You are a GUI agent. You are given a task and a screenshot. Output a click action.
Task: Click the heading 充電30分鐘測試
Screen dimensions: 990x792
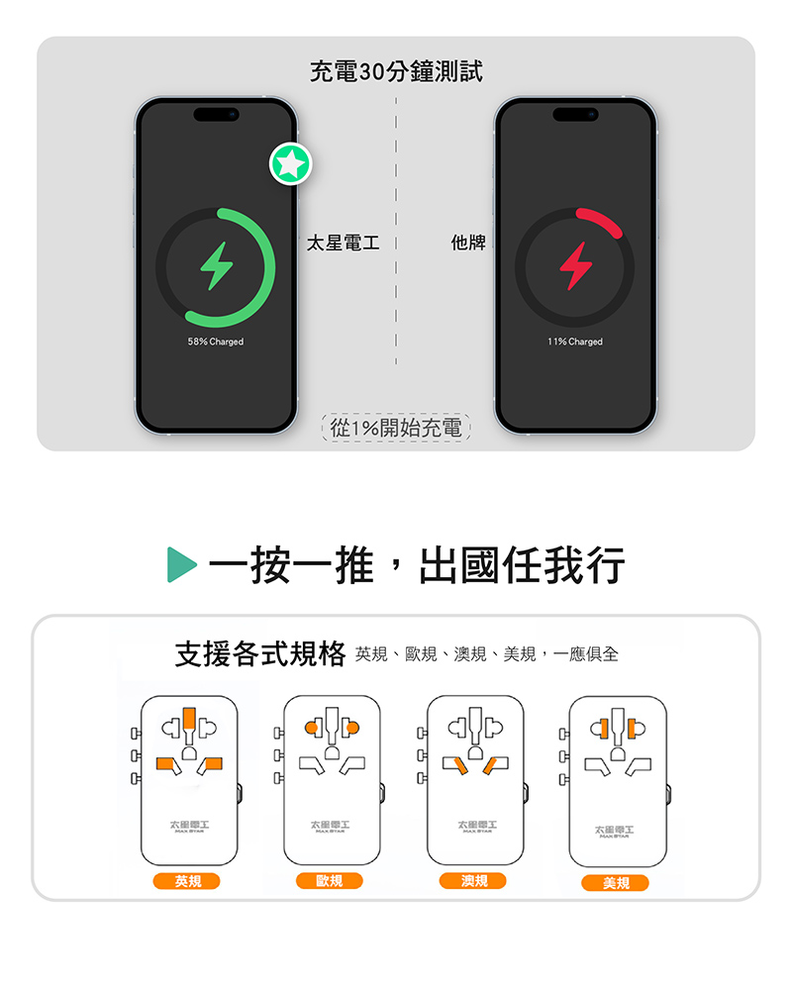(x=396, y=71)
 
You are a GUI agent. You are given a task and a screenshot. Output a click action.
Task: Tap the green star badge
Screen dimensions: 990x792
(x=291, y=163)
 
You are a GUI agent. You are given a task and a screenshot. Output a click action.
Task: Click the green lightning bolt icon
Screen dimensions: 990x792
(x=215, y=266)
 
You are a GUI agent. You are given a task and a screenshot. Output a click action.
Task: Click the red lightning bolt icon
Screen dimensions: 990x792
(x=574, y=266)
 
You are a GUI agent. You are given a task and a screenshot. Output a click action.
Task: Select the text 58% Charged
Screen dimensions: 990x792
(x=215, y=342)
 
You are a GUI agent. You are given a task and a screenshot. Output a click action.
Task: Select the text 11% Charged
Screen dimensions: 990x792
(x=574, y=342)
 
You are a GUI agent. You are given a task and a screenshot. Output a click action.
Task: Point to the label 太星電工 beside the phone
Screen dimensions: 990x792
(x=343, y=243)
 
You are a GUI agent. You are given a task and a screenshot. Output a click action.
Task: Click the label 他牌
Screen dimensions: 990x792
(x=468, y=243)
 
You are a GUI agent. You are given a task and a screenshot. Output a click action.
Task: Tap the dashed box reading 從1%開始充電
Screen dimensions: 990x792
(x=396, y=428)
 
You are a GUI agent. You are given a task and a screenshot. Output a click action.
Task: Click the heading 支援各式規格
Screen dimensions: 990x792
(x=259, y=654)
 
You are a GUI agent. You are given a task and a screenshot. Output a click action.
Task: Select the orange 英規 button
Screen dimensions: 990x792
(x=187, y=881)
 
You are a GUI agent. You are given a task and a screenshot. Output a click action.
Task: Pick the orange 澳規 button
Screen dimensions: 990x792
(x=473, y=880)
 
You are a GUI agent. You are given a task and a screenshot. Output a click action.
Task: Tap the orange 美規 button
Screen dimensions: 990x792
(x=616, y=882)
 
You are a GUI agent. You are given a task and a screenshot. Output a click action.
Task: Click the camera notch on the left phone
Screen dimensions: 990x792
(x=216, y=115)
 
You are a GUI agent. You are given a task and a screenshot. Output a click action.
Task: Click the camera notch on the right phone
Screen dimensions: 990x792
(x=575, y=115)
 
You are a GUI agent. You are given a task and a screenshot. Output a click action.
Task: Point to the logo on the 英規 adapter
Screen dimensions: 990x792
(x=189, y=826)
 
